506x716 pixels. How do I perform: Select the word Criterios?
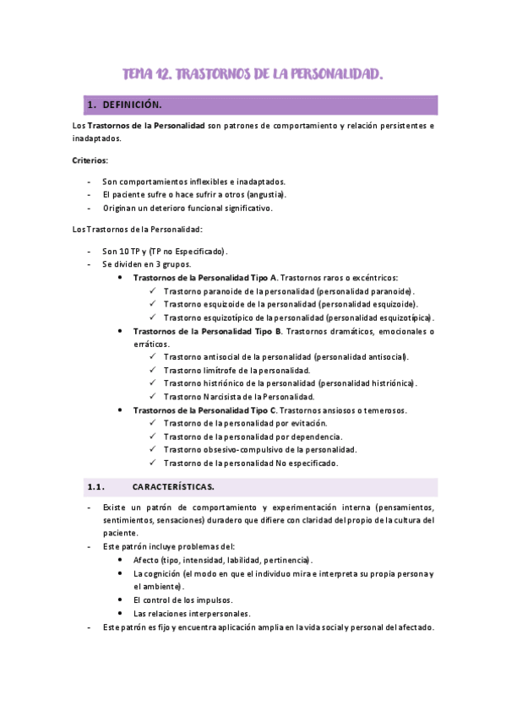(90, 160)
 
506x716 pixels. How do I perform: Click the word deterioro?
(177, 209)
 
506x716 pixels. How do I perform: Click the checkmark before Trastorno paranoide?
(153, 290)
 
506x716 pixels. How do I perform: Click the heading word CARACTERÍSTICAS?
(173, 487)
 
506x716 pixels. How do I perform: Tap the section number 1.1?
(95, 487)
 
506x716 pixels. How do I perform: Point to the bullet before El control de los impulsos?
(123, 599)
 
